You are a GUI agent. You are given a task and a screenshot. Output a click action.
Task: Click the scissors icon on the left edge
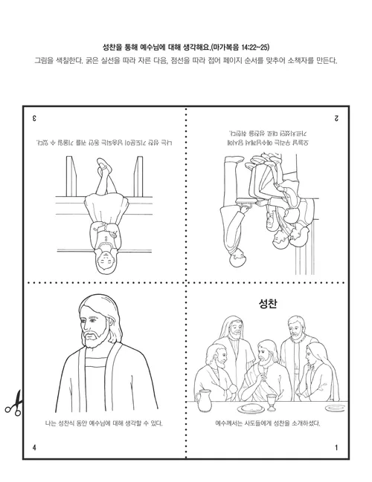(12, 403)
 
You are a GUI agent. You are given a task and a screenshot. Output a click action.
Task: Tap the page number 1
(336, 447)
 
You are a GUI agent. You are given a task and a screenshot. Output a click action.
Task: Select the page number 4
(34, 447)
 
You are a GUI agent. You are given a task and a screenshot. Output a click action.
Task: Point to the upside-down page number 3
(34, 117)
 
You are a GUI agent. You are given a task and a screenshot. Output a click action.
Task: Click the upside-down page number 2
(336, 117)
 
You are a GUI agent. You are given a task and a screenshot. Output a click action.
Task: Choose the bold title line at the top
(185, 45)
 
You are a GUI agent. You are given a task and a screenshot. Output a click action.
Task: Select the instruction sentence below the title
(185, 61)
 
